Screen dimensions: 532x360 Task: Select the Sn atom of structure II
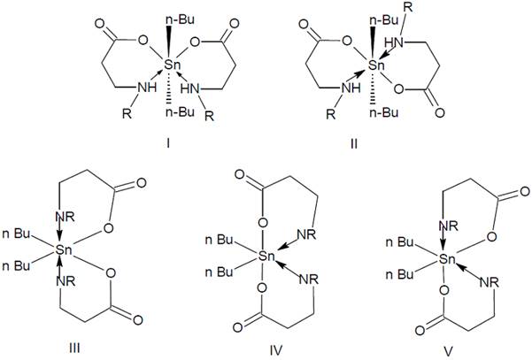coord(376,65)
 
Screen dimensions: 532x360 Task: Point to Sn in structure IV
coord(257,257)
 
